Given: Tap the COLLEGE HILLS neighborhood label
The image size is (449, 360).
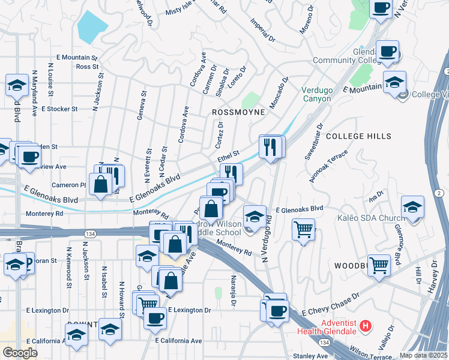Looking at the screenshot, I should tap(358, 137).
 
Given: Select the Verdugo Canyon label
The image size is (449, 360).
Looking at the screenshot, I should tap(316, 94).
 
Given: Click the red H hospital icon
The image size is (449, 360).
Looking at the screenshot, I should tap(366, 327).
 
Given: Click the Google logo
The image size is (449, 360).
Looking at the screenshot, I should tap(20, 353).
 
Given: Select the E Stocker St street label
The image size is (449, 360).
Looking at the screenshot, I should tap(60, 109).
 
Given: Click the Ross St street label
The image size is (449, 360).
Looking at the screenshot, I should tap(87, 67).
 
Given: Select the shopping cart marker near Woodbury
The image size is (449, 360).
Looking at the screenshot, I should tap(379, 264).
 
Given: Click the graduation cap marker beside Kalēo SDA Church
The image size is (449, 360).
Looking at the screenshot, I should tap(412, 207).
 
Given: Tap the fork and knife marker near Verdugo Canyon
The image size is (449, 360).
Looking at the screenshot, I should tap(270, 146).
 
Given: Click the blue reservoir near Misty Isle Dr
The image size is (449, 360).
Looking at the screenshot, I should tap(92, 24).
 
